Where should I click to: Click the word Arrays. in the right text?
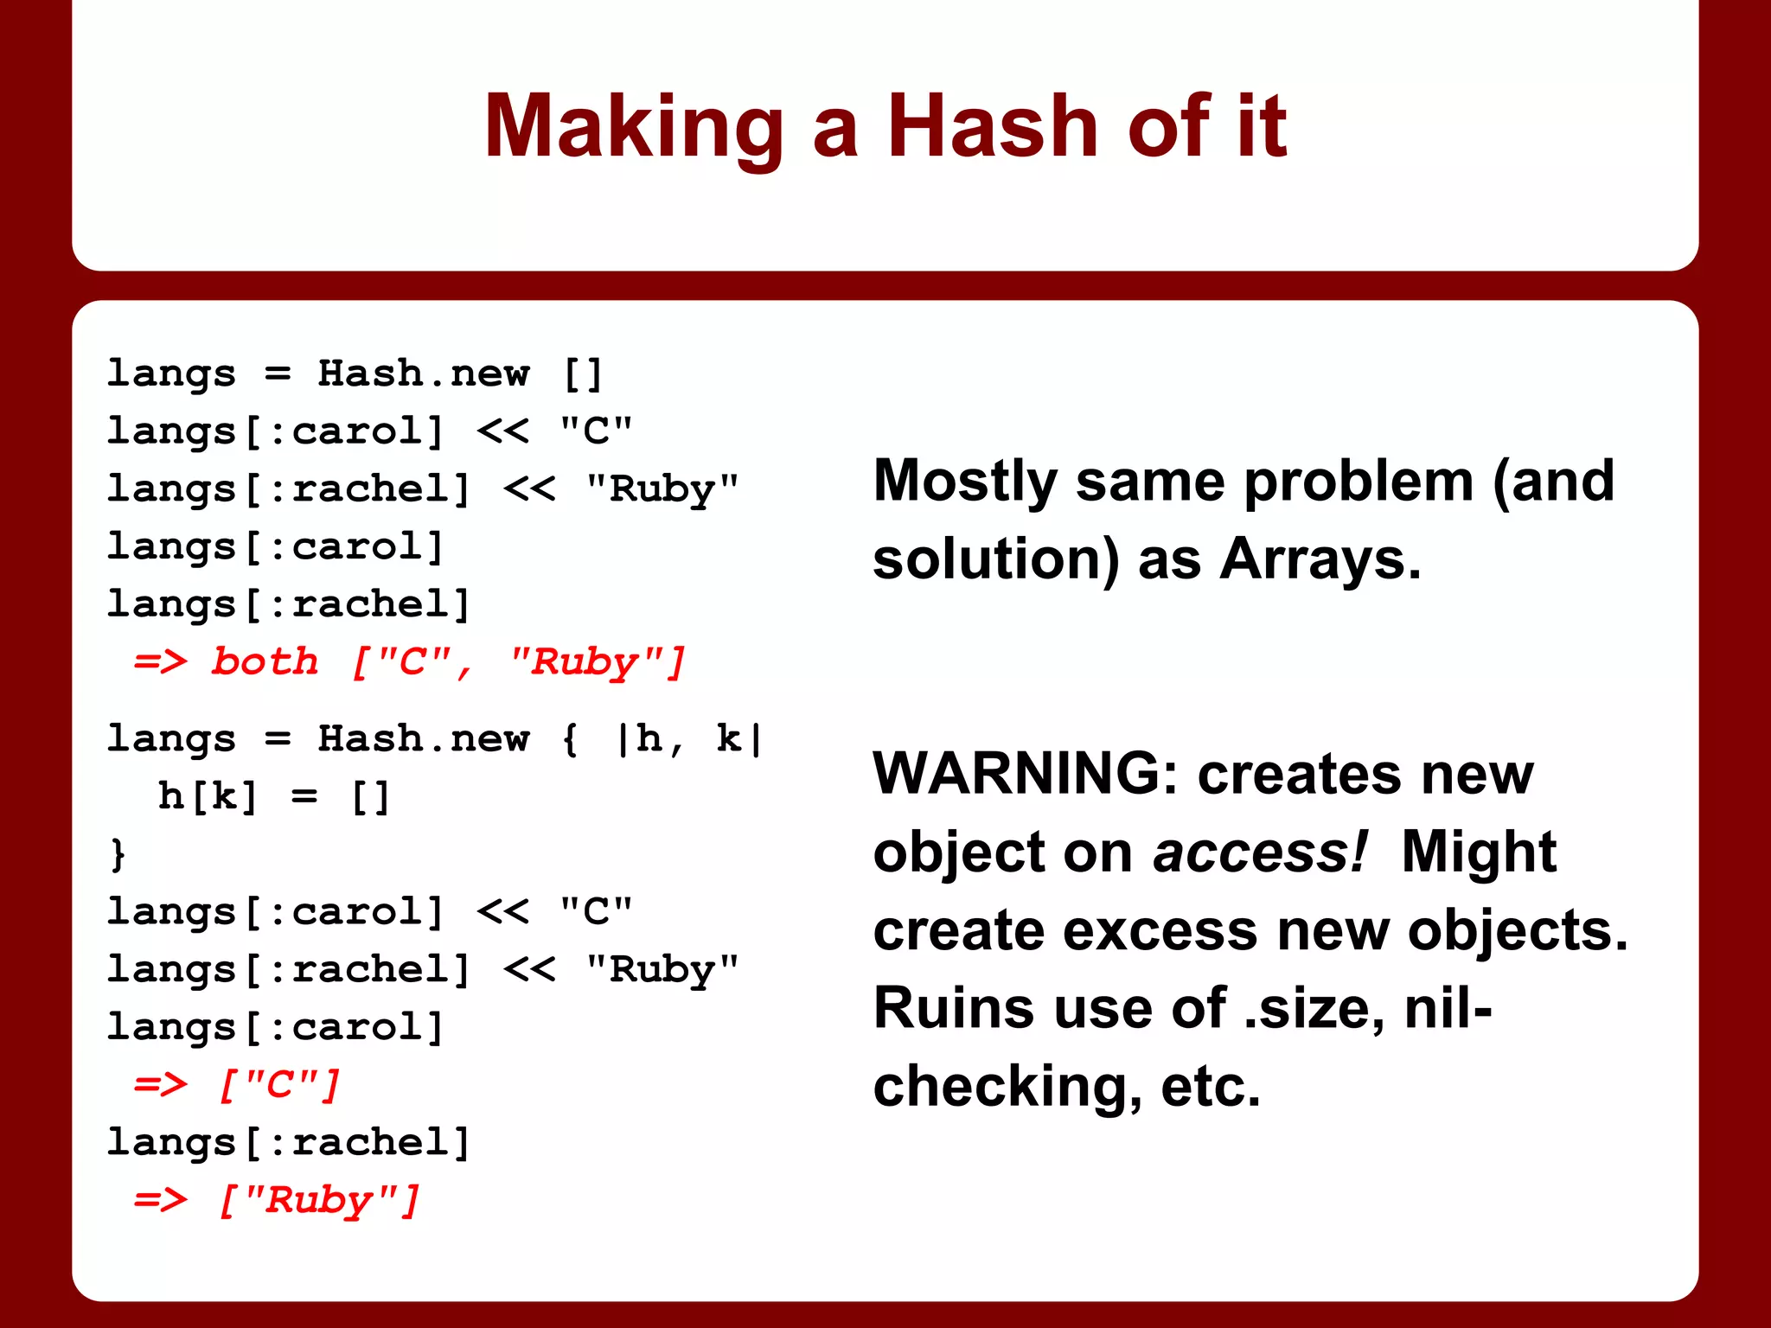pos(1320,559)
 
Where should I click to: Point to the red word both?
pos(265,661)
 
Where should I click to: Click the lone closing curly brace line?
pos(118,854)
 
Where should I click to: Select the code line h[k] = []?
pos(273,796)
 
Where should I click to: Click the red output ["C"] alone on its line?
pos(279,1084)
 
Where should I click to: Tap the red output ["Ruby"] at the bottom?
pos(318,1200)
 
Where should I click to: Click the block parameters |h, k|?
pos(690,739)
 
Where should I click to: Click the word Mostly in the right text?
pos(965,481)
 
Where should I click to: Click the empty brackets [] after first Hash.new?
pos(583,373)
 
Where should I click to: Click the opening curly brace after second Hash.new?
pos(570,739)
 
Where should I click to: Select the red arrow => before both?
pos(160,661)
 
